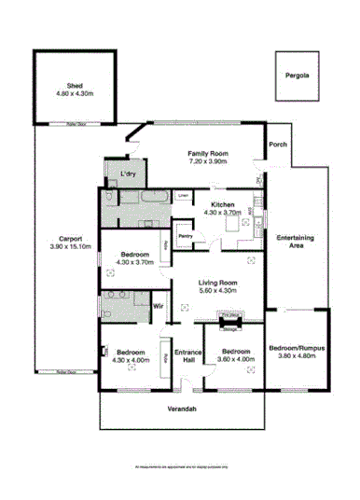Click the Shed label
click(75, 85)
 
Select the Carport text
click(65, 238)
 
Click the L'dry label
click(128, 174)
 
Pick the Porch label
click(277, 145)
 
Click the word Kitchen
click(222, 204)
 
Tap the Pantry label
click(185, 236)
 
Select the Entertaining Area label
click(295, 243)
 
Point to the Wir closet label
click(159, 305)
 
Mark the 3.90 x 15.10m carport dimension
click(65, 246)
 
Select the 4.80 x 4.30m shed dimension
click(75, 93)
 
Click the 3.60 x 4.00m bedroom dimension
click(235, 359)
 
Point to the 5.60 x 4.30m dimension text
click(221, 290)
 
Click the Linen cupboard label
click(184, 195)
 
